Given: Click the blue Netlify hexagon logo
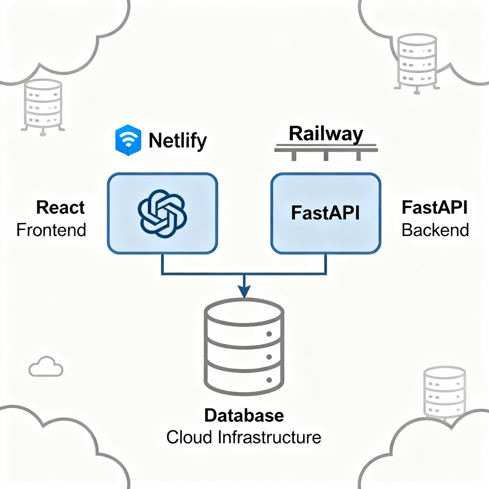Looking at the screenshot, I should click(x=128, y=140).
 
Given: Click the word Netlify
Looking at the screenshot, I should click(x=178, y=141).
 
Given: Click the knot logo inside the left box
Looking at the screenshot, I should click(x=162, y=214).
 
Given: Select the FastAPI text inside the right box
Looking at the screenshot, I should click(x=325, y=213).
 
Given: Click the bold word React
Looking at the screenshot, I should click(x=60, y=207).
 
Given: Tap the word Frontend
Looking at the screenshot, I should click(x=51, y=230).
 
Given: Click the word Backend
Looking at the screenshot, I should click(x=435, y=230).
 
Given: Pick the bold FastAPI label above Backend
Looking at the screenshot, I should click(x=434, y=207).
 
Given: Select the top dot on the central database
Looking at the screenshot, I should click(x=269, y=334).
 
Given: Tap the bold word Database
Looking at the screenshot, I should click(x=244, y=416).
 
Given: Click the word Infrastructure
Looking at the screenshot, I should click(x=269, y=437).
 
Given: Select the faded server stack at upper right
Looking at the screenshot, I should click(x=416, y=63).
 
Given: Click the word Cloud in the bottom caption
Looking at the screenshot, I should click(x=189, y=437).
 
